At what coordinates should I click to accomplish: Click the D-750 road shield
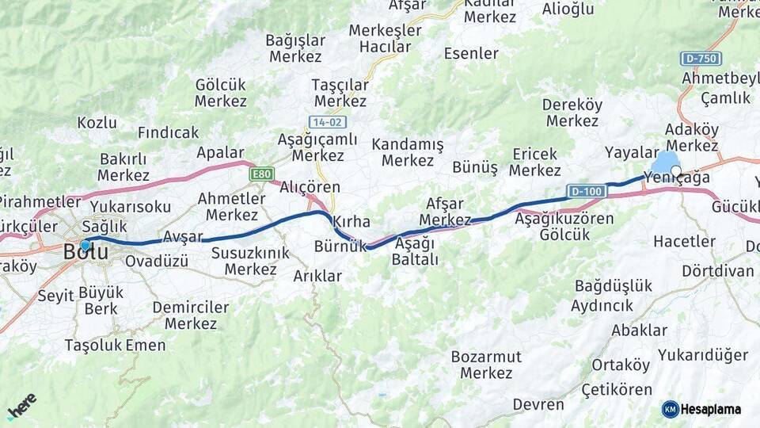(701, 59)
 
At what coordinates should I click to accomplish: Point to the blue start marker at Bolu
(85, 245)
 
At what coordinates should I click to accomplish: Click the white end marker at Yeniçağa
(675, 170)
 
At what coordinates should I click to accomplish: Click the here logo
(21, 406)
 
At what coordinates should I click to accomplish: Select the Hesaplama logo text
(710, 409)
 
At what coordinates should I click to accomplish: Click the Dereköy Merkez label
(572, 113)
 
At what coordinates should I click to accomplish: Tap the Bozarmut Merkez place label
(486, 365)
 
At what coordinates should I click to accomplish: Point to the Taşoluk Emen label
(115, 346)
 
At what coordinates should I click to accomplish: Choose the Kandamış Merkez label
(408, 152)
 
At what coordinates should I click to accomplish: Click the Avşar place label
(183, 236)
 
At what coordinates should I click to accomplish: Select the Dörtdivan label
(718, 271)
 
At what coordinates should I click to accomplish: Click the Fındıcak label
(168, 132)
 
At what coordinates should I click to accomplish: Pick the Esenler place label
(471, 54)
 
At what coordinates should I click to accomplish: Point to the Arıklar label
(317, 276)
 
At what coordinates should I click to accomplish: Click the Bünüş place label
(475, 167)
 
